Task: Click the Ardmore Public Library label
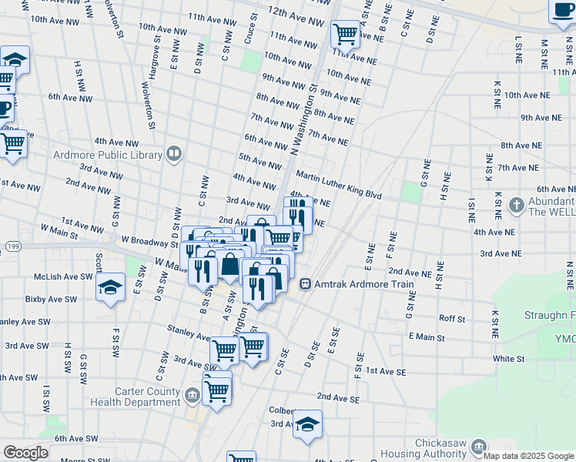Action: [106, 154]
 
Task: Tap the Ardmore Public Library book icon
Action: [174, 155]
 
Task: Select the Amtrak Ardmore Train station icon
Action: [306, 284]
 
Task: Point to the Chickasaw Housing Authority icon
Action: [478, 447]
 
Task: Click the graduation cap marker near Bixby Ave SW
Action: [111, 287]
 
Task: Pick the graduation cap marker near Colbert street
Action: [307, 423]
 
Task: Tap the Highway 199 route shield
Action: [11, 246]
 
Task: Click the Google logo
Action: [25, 452]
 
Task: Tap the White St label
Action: [508, 359]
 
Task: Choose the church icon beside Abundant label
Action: [516, 205]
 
